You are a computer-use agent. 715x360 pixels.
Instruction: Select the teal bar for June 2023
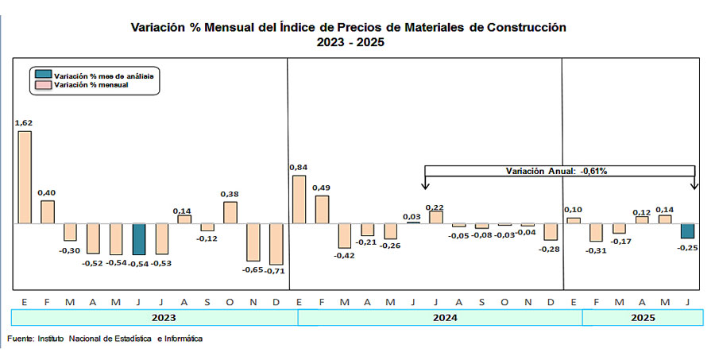[139, 238]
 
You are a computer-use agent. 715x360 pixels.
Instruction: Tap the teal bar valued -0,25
[688, 230]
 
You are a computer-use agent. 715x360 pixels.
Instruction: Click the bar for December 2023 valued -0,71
[276, 244]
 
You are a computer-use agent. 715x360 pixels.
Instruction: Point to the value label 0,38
[230, 193]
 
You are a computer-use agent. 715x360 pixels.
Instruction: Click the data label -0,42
[343, 255]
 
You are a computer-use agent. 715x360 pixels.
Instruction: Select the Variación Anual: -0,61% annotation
[560, 170]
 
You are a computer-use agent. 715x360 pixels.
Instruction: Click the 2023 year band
[154, 317]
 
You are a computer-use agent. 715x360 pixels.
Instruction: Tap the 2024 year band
[439, 317]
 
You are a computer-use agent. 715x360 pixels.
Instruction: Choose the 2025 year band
[642, 317]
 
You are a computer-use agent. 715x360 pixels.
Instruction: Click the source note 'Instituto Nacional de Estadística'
[127, 339]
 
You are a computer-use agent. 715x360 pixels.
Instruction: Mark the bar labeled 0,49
[321, 209]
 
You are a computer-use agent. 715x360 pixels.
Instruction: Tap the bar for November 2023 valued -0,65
[253, 242]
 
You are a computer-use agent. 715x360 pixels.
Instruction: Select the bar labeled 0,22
[435, 217]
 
